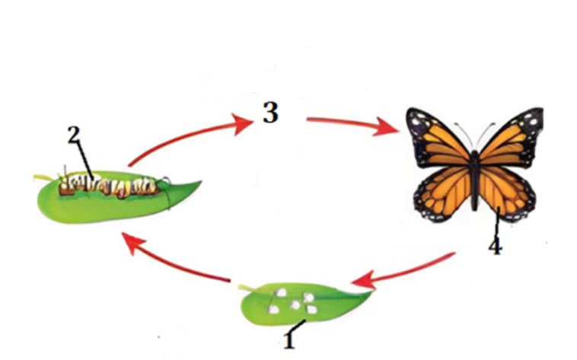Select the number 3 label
point(269,113)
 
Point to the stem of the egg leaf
point(243,287)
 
